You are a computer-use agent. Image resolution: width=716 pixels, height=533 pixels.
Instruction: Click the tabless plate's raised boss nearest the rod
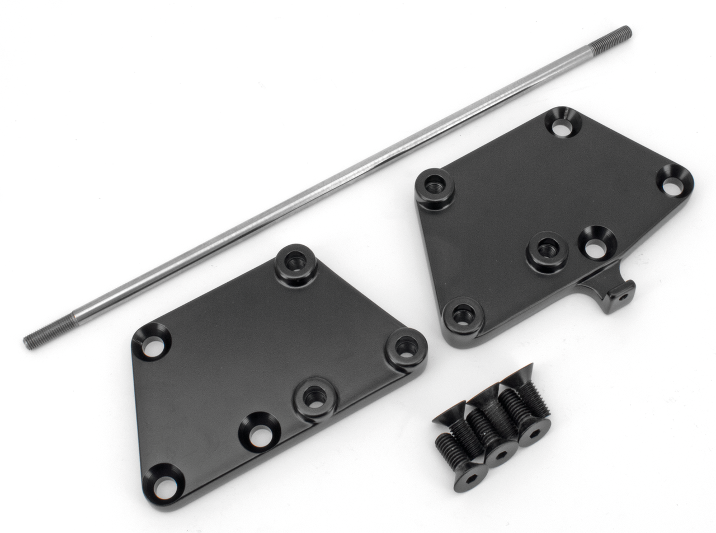pos(295,261)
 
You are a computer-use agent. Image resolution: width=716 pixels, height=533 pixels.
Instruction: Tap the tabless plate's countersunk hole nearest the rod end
pos(152,341)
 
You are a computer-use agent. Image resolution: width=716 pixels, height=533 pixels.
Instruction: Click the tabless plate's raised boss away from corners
pos(315,397)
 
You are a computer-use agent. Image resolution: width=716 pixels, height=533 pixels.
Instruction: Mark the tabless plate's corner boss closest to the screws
pos(406,347)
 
